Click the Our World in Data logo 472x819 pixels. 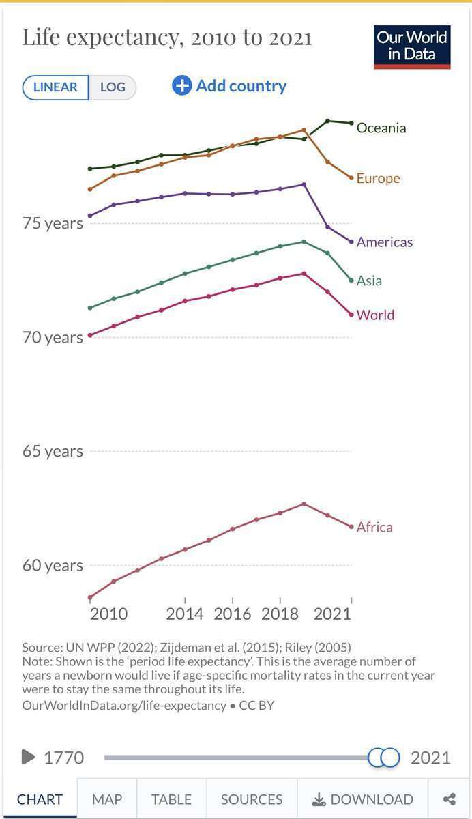click(x=412, y=47)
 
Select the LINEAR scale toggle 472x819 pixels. click(x=55, y=87)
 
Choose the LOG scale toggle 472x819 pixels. click(x=113, y=87)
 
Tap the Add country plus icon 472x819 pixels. click(x=182, y=86)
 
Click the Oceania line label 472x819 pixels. click(x=381, y=128)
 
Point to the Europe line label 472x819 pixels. click(x=378, y=178)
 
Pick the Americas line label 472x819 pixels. click(x=384, y=242)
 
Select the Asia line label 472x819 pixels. click(x=369, y=281)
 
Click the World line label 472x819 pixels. click(x=375, y=315)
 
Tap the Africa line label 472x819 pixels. click(x=374, y=527)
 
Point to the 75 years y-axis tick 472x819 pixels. click(x=53, y=223)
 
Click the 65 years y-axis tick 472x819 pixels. click(x=53, y=451)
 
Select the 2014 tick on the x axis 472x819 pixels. click(x=185, y=614)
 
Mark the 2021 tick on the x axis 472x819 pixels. click(x=332, y=614)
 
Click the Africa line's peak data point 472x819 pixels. click(x=304, y=504)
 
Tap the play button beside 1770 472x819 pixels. click(x=28, y=757)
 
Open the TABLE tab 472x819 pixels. click(x=171, y=799)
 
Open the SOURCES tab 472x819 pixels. click(x=252, y=799)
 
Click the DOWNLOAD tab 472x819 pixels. click(x=363, y=799)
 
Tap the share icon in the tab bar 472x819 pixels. click(x=449, y=799)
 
